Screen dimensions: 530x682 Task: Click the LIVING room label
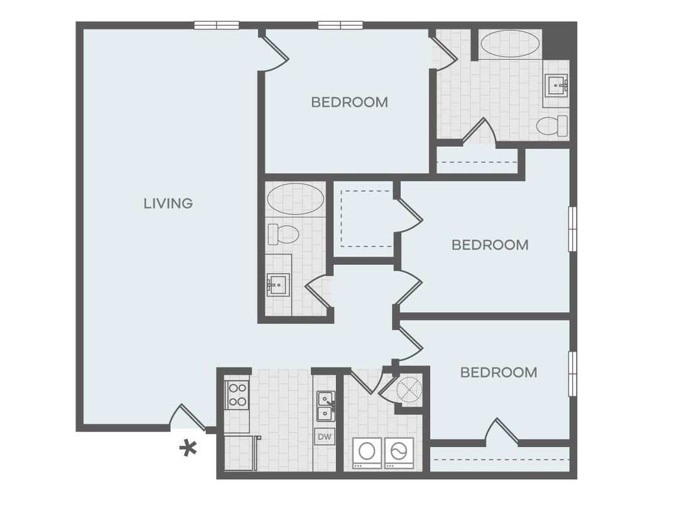pos(168,203)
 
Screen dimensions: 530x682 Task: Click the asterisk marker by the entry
pos(187,448)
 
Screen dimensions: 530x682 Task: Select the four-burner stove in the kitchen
pos(237,395)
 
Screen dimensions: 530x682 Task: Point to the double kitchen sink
pos(325,406)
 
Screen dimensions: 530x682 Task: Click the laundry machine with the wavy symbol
pos(399,451)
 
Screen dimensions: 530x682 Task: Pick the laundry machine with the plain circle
pos(367,451)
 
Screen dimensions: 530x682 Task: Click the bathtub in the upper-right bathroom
pos(510,44)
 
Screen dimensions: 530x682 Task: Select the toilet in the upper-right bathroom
pos(552,125)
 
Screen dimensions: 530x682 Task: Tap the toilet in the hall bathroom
pos(283,234)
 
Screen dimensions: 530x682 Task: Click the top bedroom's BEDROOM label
pos(349,102)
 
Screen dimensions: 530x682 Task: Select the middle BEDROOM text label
pos(490,245)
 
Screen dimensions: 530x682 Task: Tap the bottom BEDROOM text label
pos(499,372)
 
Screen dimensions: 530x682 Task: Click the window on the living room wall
pos(216,26)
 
